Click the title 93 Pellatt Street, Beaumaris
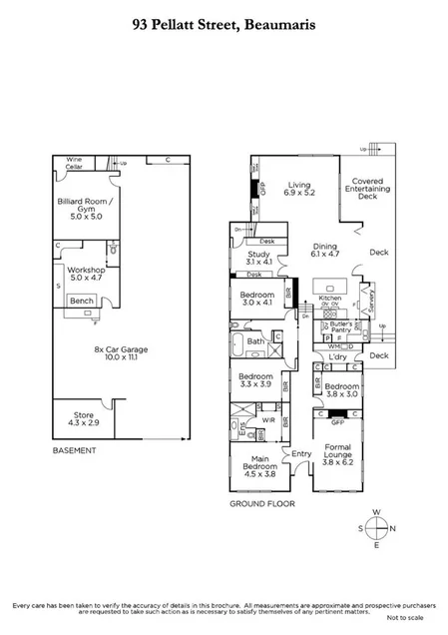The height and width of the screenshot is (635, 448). click(x=224, y=29)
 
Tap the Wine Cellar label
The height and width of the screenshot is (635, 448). click(x=74, y=162)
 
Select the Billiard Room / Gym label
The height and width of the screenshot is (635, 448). click(x=84, y=206)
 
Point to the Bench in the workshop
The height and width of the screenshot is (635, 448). click(x=82, y=301)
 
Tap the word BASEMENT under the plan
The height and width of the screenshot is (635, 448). click(x=75, y=451)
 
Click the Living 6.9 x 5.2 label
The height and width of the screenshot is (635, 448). click(x=300, y=190)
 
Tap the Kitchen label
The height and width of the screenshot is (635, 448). click(x=329, y=299)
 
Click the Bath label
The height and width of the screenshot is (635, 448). click(x=255, y=341)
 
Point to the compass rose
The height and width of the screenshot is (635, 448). click(x=376, y=529)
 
